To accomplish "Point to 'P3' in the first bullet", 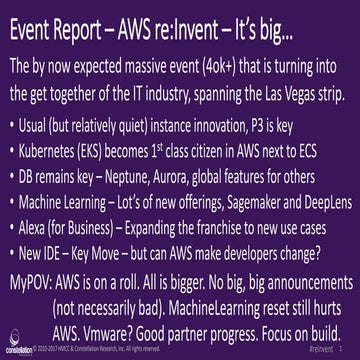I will tap(290, 129).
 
